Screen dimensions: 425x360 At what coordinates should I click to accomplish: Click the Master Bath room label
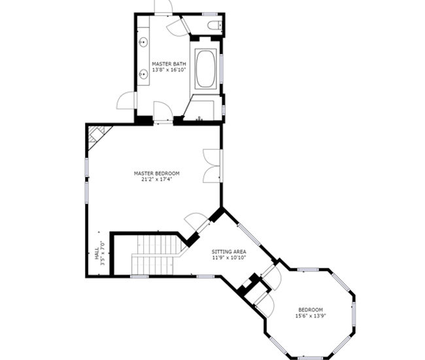coord(169,64)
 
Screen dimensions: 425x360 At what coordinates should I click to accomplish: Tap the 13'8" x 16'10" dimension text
coord(169,70)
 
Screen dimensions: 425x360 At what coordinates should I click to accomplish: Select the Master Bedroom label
coord(157,173)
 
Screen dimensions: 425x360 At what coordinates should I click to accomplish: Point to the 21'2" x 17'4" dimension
coord(157,179)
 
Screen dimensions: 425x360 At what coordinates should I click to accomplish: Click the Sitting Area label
coord(229,251)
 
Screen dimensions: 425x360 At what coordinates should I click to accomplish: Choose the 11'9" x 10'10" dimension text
coord(229,257)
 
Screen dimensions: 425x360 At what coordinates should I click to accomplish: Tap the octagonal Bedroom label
coord(311,310)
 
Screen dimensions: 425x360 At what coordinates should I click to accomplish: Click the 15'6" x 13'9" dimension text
coord(311,315)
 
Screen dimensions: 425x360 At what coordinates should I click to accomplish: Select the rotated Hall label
coord(97,253)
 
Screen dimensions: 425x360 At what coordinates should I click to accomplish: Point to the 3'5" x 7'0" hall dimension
coord(103,253)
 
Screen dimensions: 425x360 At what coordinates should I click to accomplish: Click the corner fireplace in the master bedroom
coord(97,137)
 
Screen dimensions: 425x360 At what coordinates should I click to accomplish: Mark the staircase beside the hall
coord(156,255)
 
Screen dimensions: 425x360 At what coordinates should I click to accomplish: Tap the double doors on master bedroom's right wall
coord(212,166)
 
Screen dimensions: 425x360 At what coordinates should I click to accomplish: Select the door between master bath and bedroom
coord(163,112)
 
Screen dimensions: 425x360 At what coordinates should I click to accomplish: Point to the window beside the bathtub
coord(221,68)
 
